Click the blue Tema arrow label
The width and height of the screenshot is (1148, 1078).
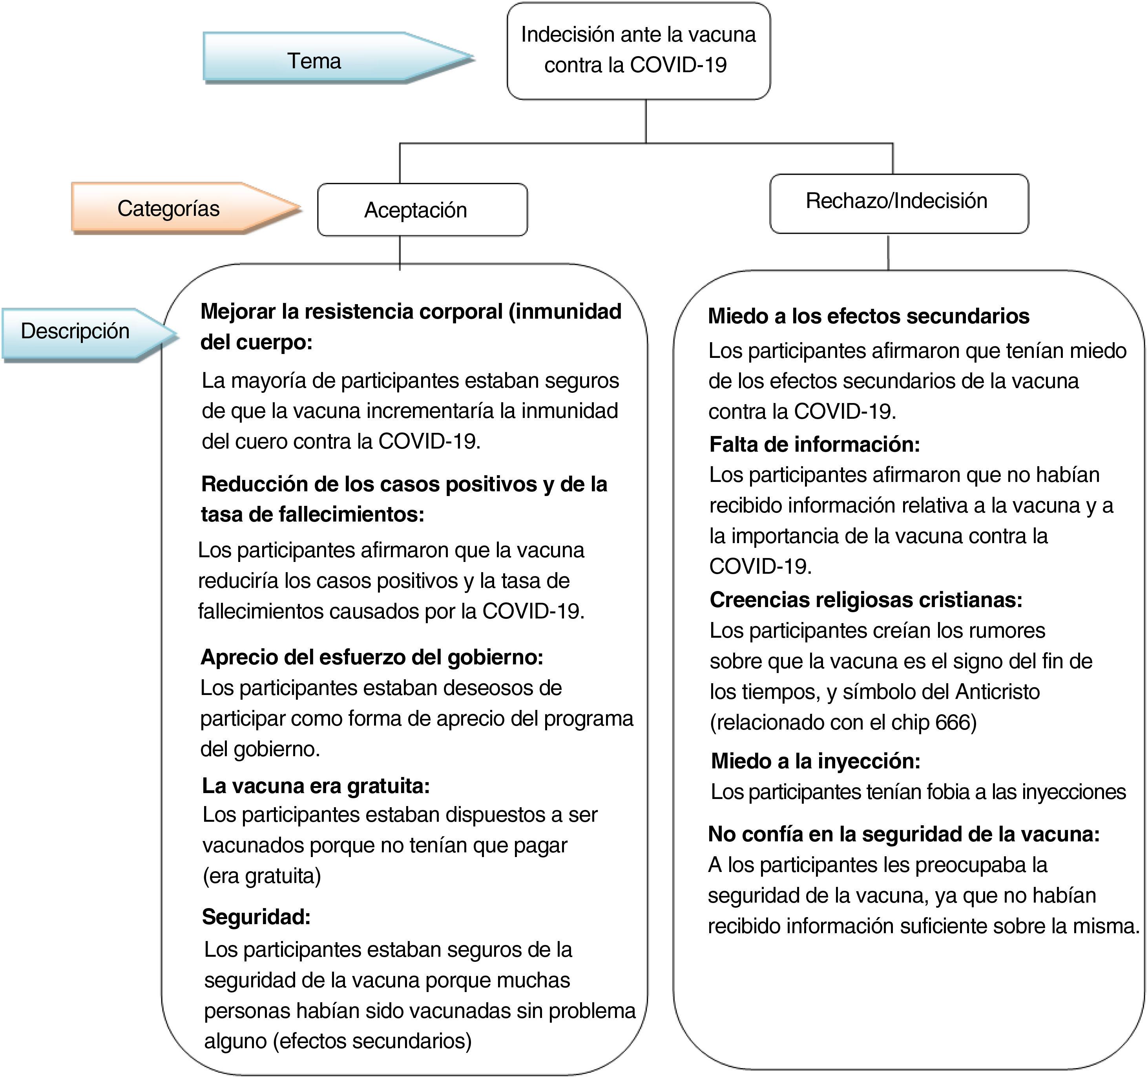coord(315,60)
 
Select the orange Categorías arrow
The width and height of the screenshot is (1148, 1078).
coord(169,208)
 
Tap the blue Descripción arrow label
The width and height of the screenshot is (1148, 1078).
coord(75,332)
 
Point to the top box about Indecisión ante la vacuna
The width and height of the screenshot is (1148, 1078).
coord(638,50)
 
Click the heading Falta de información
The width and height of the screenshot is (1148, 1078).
coord(814,445)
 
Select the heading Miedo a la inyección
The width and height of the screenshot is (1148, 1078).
coord(816,761)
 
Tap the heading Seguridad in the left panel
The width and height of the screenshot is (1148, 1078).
coord(256,916)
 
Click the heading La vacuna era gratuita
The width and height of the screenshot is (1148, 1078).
coord(316,785)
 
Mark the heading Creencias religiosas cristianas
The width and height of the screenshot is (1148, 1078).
coord(866,600)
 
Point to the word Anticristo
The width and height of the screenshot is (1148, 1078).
coord(997,692)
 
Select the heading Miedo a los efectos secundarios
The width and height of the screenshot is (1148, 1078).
coord(869,316)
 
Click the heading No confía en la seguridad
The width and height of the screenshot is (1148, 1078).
coord(904,834)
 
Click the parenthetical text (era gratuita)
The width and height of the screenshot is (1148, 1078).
coord(262,876)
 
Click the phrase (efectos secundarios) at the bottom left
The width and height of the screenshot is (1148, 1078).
coord(372,1041)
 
